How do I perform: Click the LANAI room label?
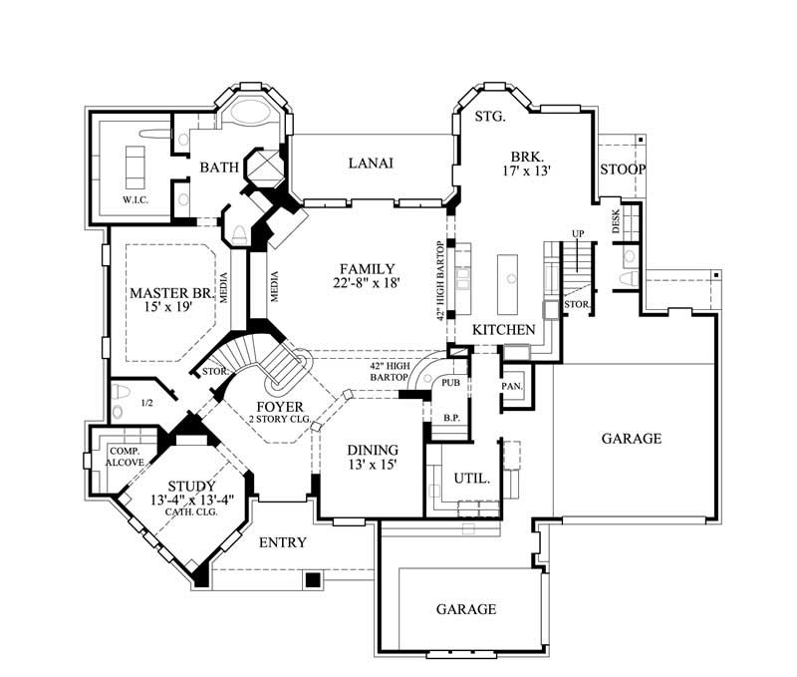[x=371, y=164]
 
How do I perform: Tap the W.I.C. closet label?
[x=136, y=199]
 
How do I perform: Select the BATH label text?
[x=218, y=168]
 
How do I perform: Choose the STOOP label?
[x=623, y=169]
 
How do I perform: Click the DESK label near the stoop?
[x=616, y=221]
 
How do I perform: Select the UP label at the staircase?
[x=577, y=233]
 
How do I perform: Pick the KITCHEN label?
[x=504, y=330]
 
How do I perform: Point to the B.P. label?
[x=450, y=419]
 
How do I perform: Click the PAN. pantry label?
[x=513, y=386]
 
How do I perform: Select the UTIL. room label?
[x=471, y=479]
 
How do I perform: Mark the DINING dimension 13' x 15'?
[x=372, y=466]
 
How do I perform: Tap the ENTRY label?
[x=282, y=542]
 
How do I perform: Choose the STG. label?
[x=490, y=117]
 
